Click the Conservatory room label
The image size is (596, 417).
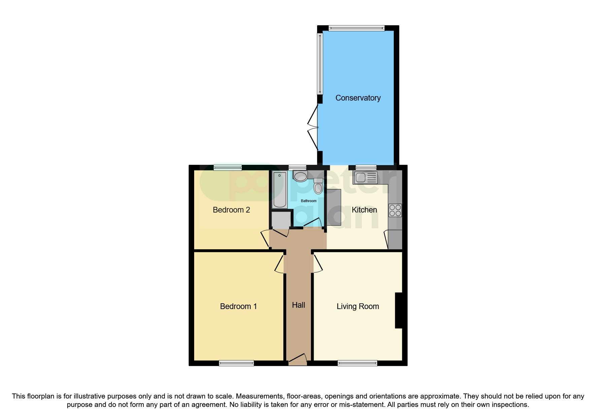click(x=358, y=98)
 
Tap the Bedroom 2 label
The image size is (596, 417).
click(x=231, y=210)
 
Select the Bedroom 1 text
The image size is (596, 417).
click(x=238, y=306)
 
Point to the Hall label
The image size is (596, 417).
click(x=299, y=305)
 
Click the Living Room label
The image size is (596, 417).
click(x=358, y=306)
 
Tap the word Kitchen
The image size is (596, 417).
click(x=364, y=210)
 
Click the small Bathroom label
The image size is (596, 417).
click(x=309, y=201)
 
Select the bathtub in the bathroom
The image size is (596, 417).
click(x=280, y=190)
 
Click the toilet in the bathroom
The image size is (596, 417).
click(x=318, y=186)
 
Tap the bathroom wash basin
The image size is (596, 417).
click(x=300, y=176)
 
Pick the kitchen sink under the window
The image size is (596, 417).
click(x=365, y=177)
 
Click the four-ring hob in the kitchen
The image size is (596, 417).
click(x=395, y=211)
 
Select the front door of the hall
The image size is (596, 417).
click(x=297, y=360)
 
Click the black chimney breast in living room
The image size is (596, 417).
click(x=398, y=310)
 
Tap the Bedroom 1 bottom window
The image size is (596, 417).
click(x=236, y=363)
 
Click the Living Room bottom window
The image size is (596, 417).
click(x=357, y=363)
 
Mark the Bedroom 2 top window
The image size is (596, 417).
click(x=227, y=167)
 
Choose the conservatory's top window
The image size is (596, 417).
click(x=356, y=28)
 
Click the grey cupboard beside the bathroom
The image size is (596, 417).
click(x=281, y=220)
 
